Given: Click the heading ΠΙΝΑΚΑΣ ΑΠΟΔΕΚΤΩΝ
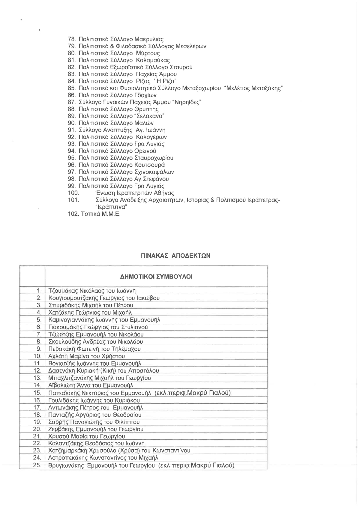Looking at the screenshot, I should pyautogui.click(x=175, y=256).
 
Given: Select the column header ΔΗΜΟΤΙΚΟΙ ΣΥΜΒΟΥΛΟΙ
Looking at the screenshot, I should pyautogui.click(x=156, y=277).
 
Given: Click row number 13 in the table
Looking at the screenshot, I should pyautogui.click(x=37, y=378).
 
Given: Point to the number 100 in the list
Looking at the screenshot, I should pyautogui.click(x=73, y=193).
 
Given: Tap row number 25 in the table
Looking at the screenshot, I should pyautogui.click(x=37, y=466).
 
